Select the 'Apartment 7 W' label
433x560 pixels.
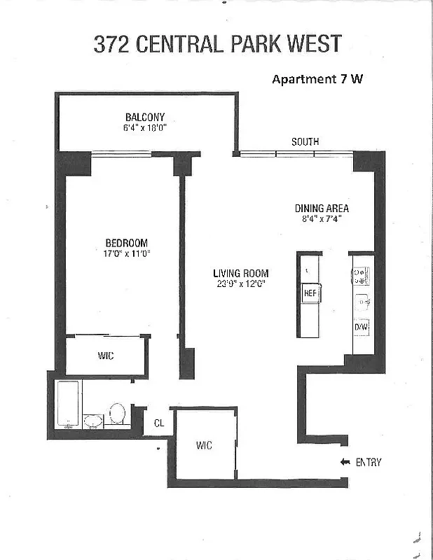tap(317, 79)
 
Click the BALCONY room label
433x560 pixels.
tap(145, 117)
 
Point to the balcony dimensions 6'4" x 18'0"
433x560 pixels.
tap(145, 128)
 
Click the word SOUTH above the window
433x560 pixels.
tap(305, 142)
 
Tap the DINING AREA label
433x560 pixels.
tap(322, 208)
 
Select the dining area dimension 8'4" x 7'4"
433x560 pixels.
tap(322, 218)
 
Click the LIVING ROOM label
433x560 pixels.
tap(241, 274)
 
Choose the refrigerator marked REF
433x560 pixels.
tap(310, 293)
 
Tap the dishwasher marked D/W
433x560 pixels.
tap(362, 327)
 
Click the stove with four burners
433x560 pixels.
tap(362, 276)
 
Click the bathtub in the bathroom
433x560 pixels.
tap(68, 404)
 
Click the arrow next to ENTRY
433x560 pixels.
tap(345, 462)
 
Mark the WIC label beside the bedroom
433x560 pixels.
tap(106, 356)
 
